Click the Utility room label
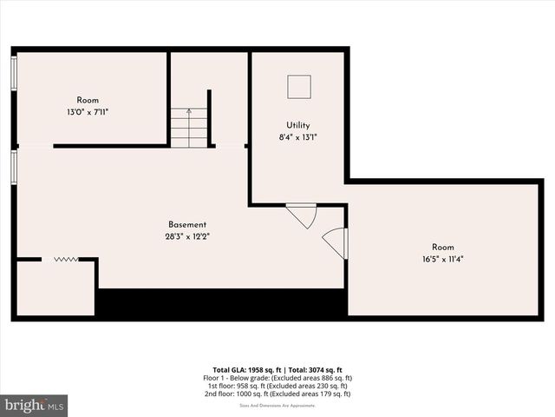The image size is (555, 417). click(298, 125)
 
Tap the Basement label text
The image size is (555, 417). click(187, 224)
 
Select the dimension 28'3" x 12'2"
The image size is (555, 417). click(187, 236)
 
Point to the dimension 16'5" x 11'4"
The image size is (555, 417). click(442, 259)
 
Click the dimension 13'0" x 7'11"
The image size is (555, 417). click(88, 111)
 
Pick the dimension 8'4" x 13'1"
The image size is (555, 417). click(298, 137)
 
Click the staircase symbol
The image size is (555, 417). click(189, 127)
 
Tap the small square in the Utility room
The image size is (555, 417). click(299, 86)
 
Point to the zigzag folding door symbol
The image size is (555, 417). click(65, 259)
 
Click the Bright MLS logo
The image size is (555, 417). click(35, 406)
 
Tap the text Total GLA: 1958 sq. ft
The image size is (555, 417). click(245, 370)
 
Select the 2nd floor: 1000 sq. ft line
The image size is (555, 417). click(277, 394)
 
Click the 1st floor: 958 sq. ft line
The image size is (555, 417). click(277, 387)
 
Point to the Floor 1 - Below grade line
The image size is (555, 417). click(277, 379)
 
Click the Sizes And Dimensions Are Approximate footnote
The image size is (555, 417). click(277, 406)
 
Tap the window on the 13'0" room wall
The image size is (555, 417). click(14, 73)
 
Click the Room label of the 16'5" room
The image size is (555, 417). click(442, 247)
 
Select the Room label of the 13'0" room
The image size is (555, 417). click(88, 100)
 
